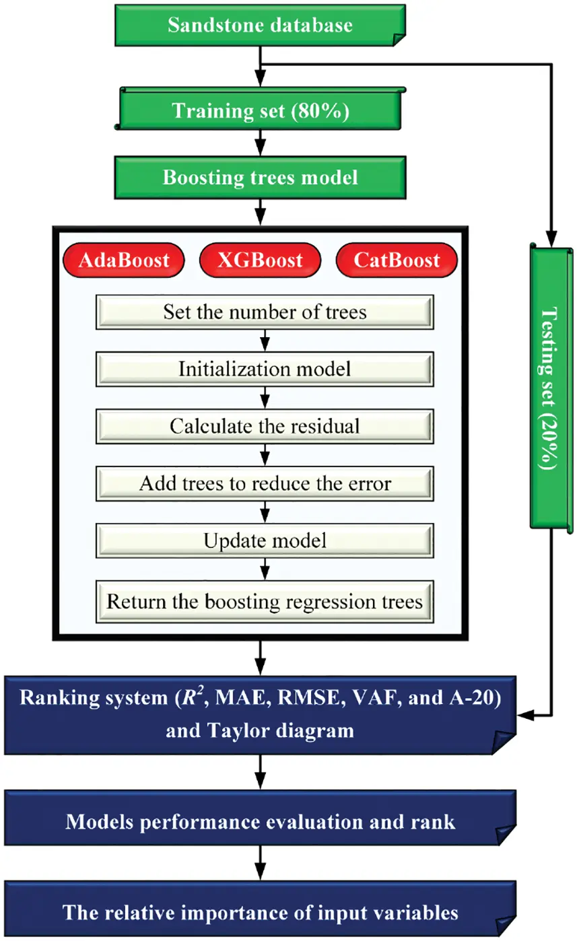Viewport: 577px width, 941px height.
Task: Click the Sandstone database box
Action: pos(260,26)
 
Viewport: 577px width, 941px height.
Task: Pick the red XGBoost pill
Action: pos(260,260)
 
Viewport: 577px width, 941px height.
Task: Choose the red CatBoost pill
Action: pos(397,260)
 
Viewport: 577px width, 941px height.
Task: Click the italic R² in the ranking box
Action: pos(197,697)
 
